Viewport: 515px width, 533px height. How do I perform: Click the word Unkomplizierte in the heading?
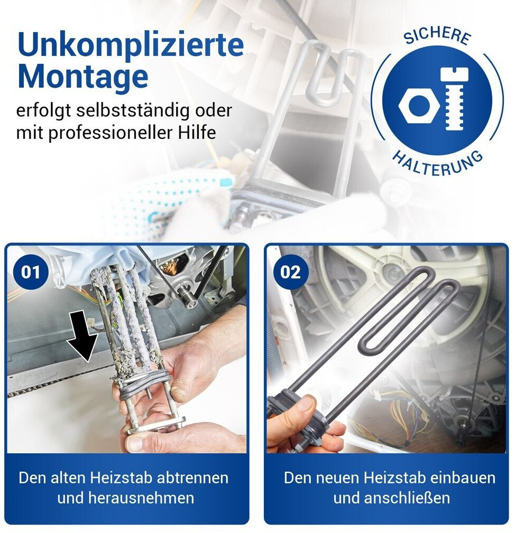pyautogui.click(x=131, y=45)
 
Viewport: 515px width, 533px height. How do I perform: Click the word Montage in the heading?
pyautogui.click(x=83, y=76)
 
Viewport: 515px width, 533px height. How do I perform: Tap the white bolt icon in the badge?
pyautogui.click(x=454, y=99)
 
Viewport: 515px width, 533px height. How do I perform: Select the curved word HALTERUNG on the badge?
pyautogui.click(x=437, y=164)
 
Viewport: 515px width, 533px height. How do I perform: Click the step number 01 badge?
pyautogui.click(x=31, y=272)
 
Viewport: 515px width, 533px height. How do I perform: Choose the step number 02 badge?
pyautogui.click(x=290, y=272)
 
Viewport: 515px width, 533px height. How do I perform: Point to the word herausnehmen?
pyautogui.click(x=141, y=498)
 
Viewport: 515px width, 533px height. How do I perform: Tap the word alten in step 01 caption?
pyautogui.click(x=70, y=478)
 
